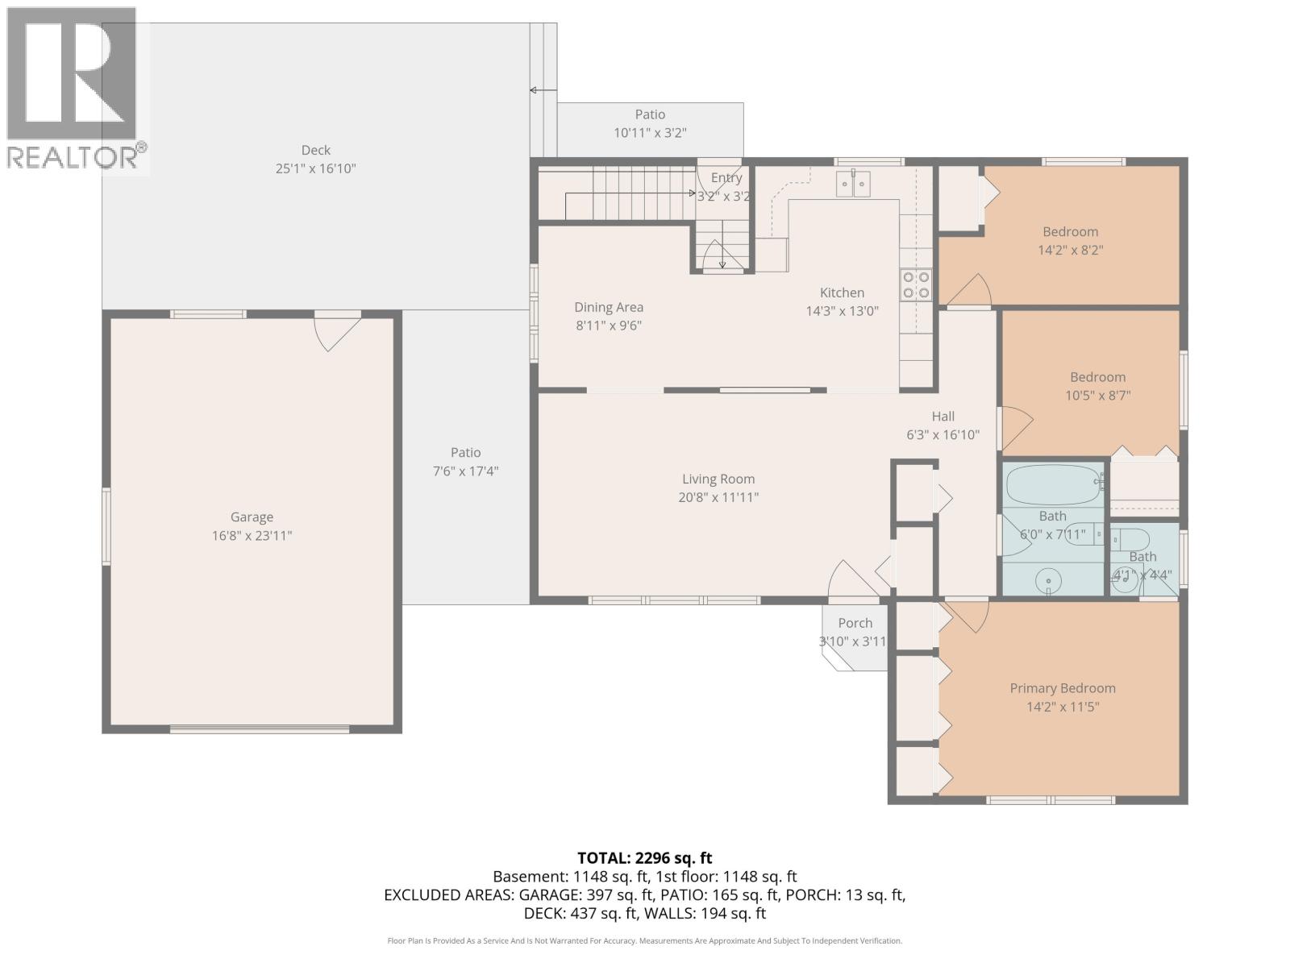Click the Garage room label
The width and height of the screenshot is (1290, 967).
252,517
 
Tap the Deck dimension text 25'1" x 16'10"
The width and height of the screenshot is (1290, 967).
316,168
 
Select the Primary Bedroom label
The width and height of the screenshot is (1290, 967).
1063,688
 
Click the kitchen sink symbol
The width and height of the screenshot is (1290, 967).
853,185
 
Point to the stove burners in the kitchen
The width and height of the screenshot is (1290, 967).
916,284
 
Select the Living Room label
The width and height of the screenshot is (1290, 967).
718,479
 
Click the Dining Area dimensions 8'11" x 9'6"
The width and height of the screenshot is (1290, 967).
608,326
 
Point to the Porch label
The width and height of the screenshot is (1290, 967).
855,623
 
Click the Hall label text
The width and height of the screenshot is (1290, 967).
943,417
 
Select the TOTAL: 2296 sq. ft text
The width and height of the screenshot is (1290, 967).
644,858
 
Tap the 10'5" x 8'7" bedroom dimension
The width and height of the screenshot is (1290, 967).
1097,396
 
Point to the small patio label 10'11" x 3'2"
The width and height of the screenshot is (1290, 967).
650,133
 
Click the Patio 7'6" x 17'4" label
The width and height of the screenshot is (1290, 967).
465,453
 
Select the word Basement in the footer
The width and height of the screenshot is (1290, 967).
530,877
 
